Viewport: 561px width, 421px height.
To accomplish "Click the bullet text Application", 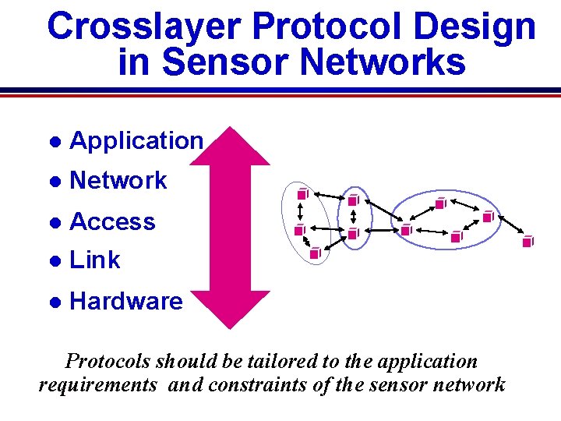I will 136,140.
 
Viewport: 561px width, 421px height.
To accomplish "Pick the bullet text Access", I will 112,221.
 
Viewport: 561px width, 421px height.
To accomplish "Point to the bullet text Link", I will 95,260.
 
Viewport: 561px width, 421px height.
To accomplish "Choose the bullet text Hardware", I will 126,301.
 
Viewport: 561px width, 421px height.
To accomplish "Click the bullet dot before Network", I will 55,181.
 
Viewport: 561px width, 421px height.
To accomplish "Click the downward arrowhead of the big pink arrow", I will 230,308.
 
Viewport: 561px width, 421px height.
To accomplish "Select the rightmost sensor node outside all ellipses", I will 527,241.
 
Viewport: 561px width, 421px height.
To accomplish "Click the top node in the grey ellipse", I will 302,193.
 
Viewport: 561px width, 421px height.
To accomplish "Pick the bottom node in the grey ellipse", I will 315,253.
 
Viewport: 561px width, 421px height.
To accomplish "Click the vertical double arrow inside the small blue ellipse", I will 354,215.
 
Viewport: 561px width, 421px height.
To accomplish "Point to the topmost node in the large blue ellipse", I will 440,203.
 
